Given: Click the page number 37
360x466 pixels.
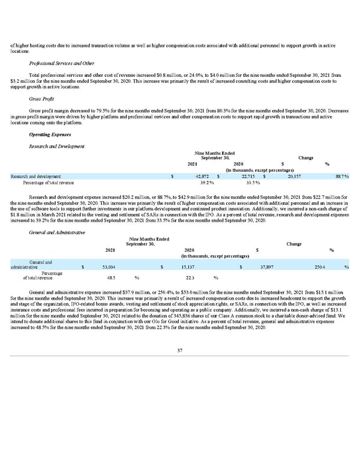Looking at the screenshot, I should coord(179,350).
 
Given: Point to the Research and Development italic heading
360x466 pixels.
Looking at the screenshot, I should coord(56,147).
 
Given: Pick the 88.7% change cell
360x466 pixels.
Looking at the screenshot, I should coord(342,177).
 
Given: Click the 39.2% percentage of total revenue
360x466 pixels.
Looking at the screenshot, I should coord(207,183).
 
